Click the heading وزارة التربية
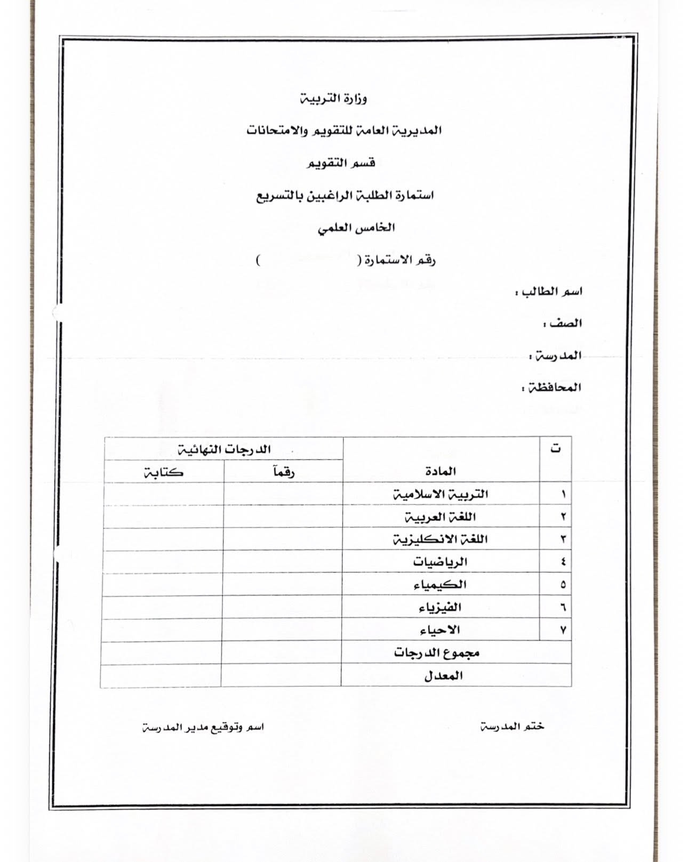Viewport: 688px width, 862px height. [x=333, y=99]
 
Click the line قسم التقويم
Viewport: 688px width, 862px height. [x=342, y=163]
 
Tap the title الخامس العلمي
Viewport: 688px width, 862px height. [x=357, y=228]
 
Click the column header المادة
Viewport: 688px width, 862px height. [x=441, y=471]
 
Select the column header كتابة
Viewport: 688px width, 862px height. [x=164, y=472]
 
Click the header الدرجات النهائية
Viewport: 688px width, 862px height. [x=225, y=449]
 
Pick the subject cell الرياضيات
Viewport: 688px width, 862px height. [x=440, y=562]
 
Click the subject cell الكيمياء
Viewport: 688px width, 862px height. [x=440, y=585]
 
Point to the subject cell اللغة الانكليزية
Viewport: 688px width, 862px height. [x=440, y=539]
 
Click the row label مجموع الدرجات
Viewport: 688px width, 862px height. [x=437, y=652]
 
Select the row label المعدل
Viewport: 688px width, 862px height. [x=443, y=676]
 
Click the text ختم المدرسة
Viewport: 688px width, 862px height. [x=512, y=727]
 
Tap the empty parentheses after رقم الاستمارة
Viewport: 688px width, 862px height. [x=307, y=261]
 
